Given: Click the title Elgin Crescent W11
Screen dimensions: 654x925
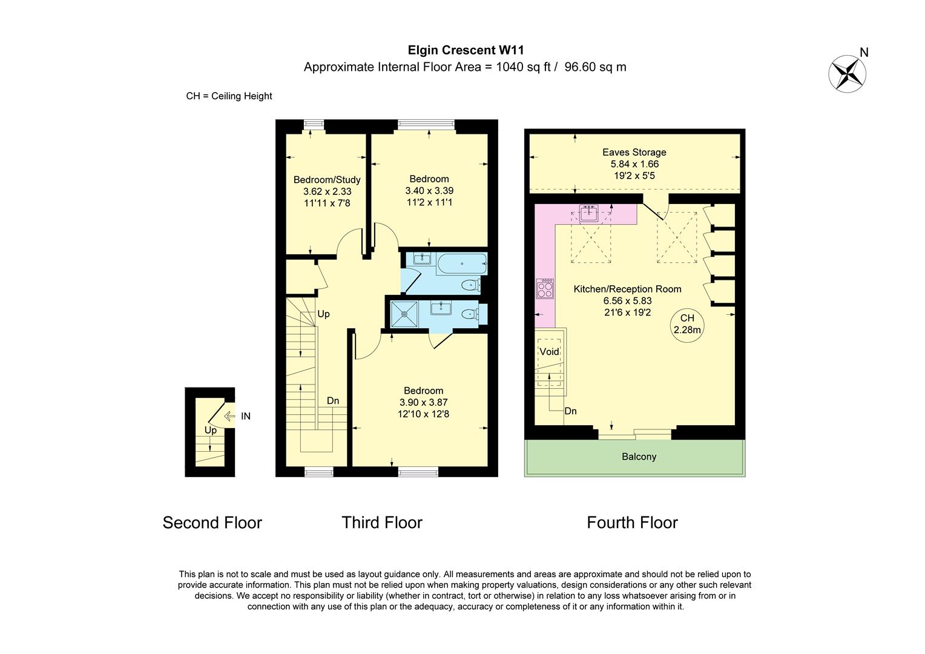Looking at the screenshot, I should [465, 50].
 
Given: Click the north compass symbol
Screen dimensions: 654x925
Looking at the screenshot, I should [847, 73].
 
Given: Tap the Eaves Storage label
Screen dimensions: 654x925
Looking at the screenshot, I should [634, 153].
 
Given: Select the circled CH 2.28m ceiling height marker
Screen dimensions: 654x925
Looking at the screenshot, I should [687, 324].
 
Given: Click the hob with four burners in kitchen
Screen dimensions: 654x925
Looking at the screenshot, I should [545, 288].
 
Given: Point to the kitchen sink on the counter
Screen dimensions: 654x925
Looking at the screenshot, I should [588, 213].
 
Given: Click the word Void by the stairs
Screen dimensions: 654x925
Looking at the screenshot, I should [549, 352].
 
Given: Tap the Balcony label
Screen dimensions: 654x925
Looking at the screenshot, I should [639, 457].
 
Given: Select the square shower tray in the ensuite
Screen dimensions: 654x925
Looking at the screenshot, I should [404, 314].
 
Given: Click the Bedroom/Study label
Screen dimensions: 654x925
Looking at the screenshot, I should [327, 180].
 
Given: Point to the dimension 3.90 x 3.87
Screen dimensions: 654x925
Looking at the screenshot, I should [423, 402].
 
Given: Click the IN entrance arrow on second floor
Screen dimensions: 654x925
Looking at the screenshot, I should [230, 416].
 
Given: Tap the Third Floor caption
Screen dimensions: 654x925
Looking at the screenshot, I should [381, 523].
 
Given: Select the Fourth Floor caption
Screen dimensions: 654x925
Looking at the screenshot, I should [632, 523].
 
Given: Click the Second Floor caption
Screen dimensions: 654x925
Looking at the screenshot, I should [212, 523].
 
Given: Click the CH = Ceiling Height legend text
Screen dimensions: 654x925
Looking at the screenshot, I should [229, 96].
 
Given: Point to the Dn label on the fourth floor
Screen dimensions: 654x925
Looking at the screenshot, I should [570, 411].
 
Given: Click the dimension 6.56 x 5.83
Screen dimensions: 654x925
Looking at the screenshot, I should [627, 300].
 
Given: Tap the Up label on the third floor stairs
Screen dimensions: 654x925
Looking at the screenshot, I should [323, 314].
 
